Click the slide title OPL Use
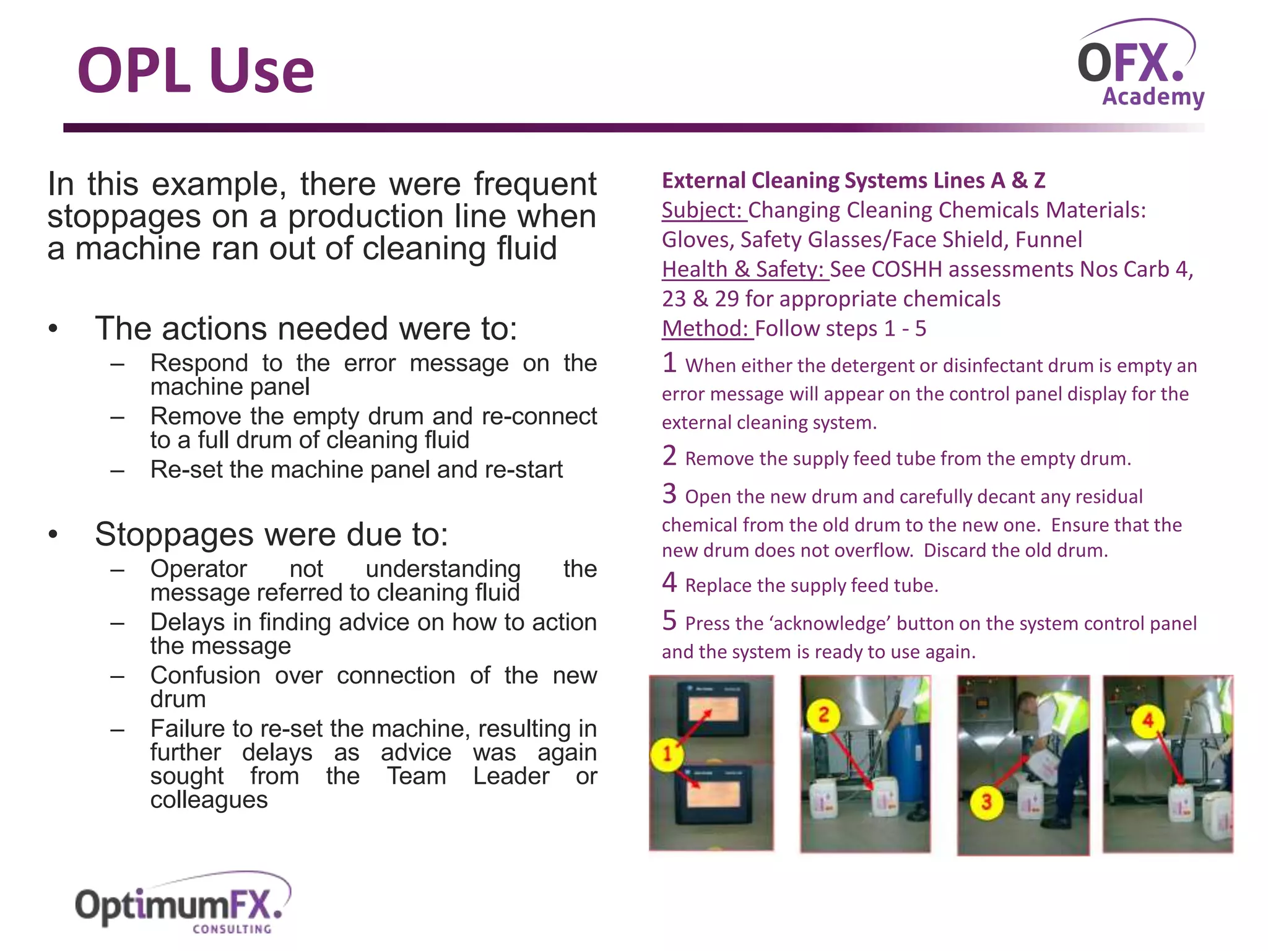coord(196,71)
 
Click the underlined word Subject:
coord(703,211)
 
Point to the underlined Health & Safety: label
coord(744,270)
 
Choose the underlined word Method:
coord(706,329)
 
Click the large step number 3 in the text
coord(669,494)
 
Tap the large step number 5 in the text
coord(669,621)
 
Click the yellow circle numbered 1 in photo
coord(667,753)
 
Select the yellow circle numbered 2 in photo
coord(823,715)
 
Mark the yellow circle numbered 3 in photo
coord(986,802)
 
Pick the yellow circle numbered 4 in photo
coord(1147,721)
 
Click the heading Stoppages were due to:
coord(271,534)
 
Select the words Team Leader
coord(468,776)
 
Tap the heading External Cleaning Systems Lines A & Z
coord(853,181)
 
